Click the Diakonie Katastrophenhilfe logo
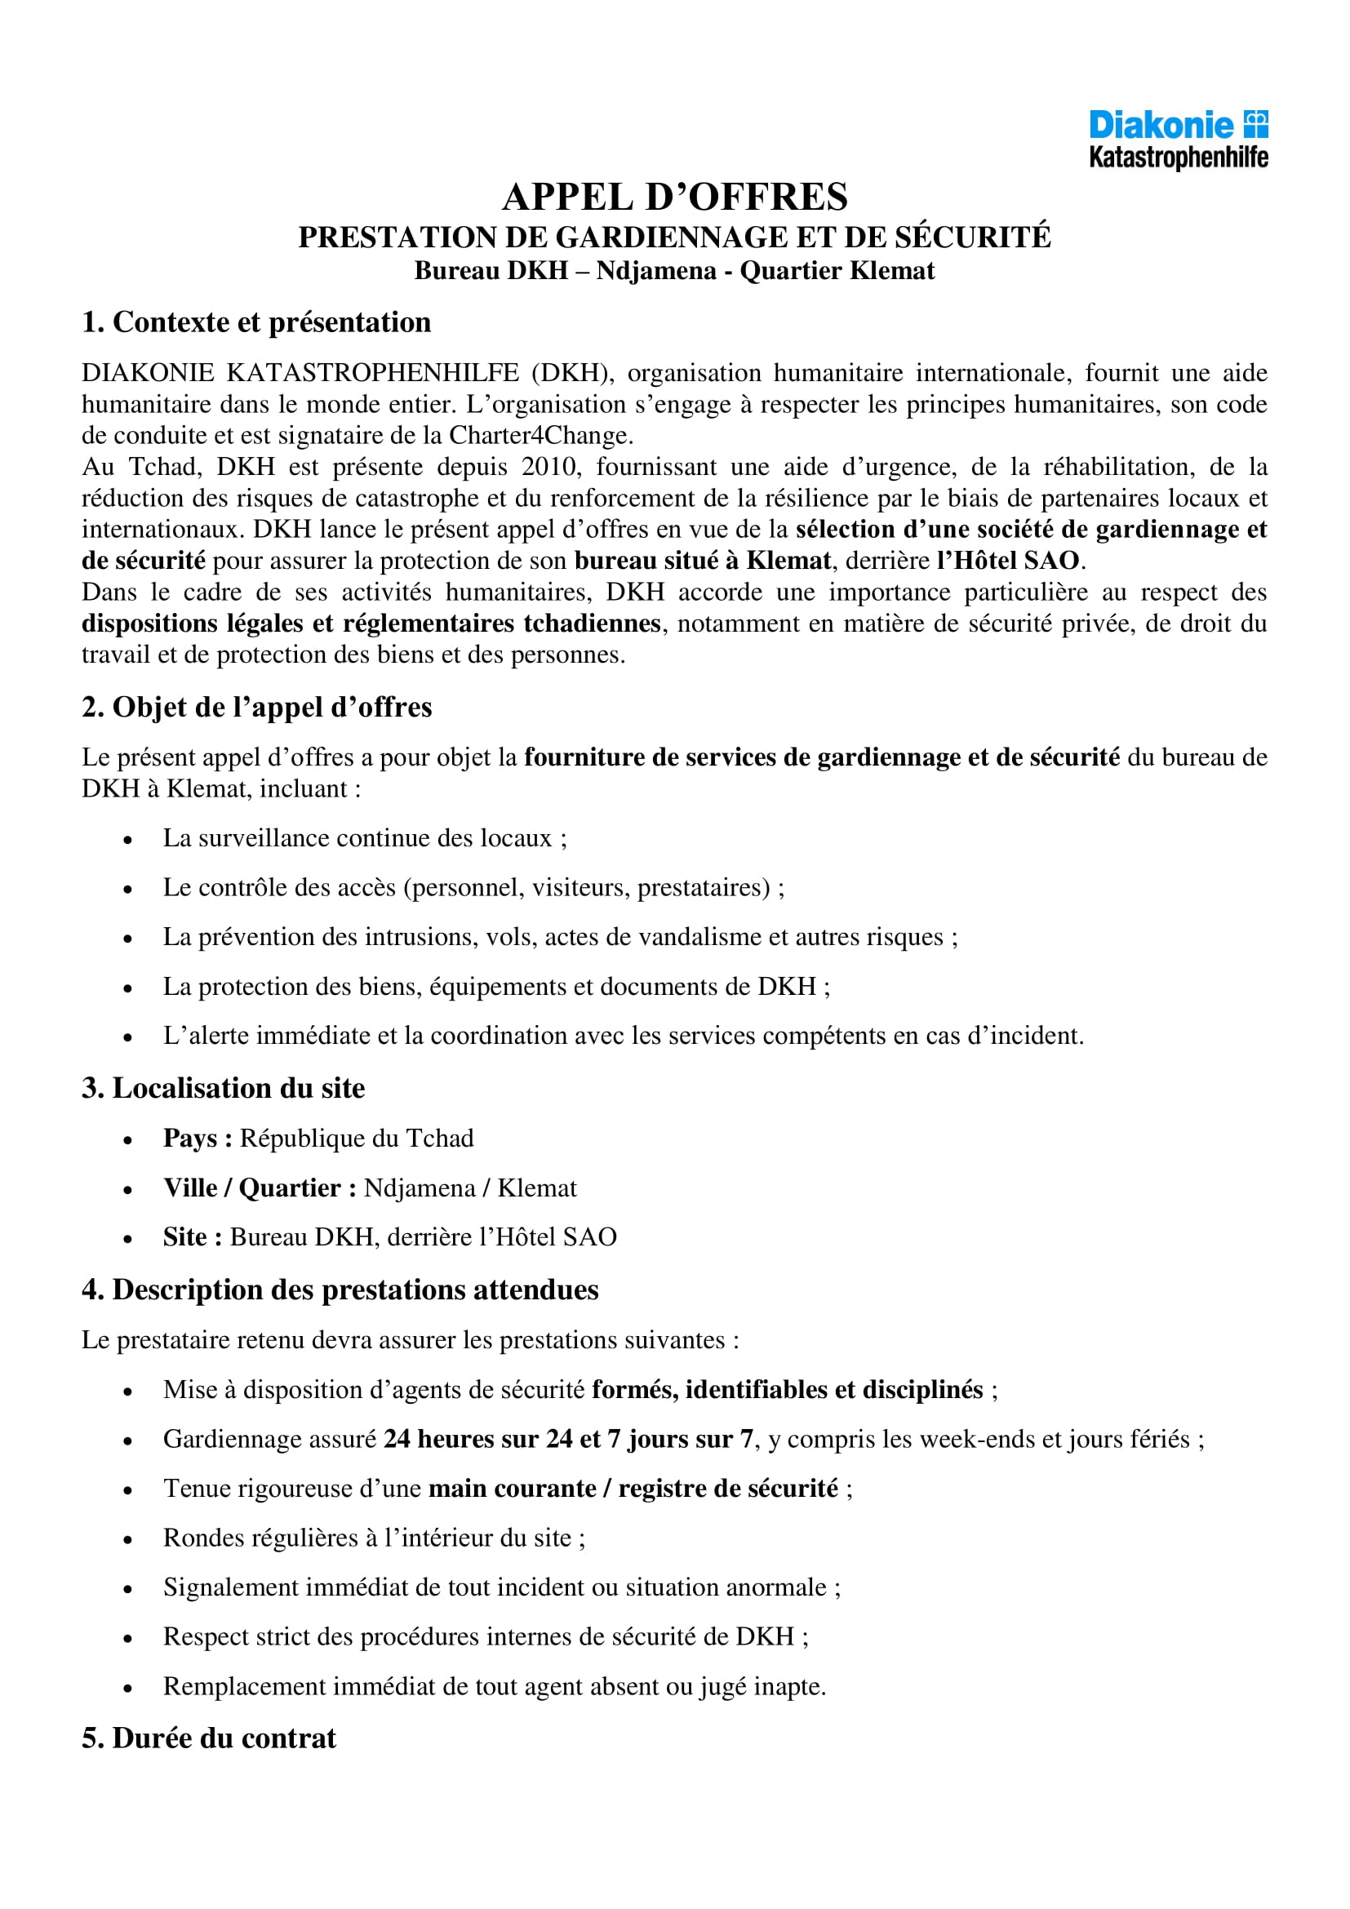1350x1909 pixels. [x=1178, y=139]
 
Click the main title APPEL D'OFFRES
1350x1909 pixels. [x=674, y=198]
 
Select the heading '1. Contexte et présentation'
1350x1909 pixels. [x=256, y=322]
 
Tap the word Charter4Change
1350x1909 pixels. [x=540, y=435]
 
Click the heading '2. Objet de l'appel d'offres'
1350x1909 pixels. [x=256, y=708]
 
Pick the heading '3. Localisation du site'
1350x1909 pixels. [x=223, y=1089]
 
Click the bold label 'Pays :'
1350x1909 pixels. [x=197, y=1139]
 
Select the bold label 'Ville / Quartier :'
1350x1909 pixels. [x=260, y=1188]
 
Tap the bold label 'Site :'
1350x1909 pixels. [x=192, y=1237]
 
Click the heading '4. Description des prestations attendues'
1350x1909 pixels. [x=340, y=1290]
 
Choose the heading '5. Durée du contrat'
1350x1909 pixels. [x=209, y=1738]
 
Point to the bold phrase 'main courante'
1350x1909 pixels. [x=512, y=1489]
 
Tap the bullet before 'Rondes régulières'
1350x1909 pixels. [x=127, y=1540]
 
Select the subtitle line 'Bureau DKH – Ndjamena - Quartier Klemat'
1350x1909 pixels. [x=674, y=271]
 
